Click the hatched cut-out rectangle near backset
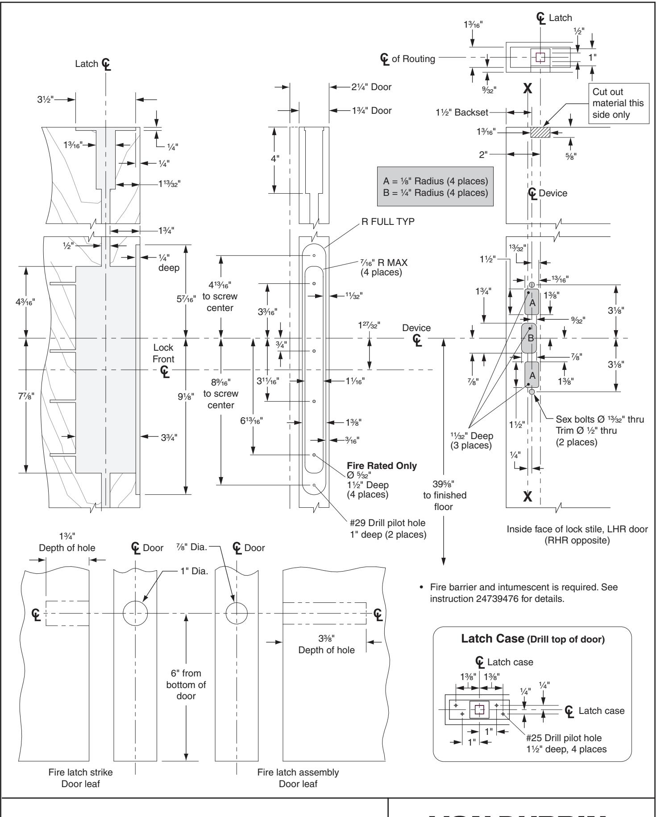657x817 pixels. [540, 133]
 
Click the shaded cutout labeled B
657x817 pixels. [531, 338]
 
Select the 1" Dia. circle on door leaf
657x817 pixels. [135, 614]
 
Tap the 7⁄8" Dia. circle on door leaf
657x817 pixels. [237, 614]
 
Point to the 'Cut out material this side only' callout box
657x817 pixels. [618, 103]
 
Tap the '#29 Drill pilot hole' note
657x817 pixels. [387, 523]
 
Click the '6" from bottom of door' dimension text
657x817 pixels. [186, 684]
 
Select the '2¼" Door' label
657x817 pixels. [371, 87]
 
